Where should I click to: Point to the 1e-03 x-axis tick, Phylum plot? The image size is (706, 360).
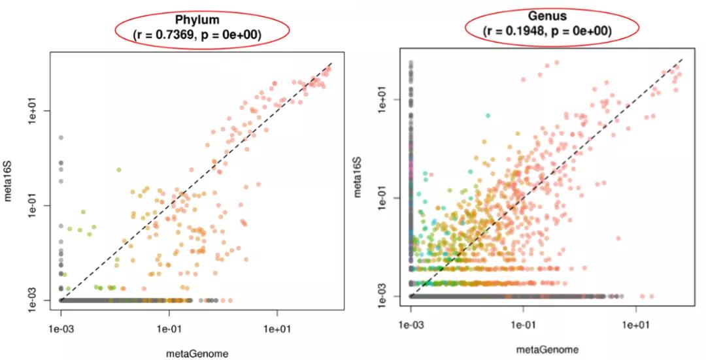tap(61, 321)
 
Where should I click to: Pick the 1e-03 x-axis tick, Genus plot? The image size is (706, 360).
tap(411, 318)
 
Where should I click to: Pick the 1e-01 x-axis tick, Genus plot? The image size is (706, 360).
tap(524, 318)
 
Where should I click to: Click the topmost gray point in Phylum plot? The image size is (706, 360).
tap(61, 138)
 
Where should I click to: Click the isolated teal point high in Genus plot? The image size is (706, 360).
tap(487, 116)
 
